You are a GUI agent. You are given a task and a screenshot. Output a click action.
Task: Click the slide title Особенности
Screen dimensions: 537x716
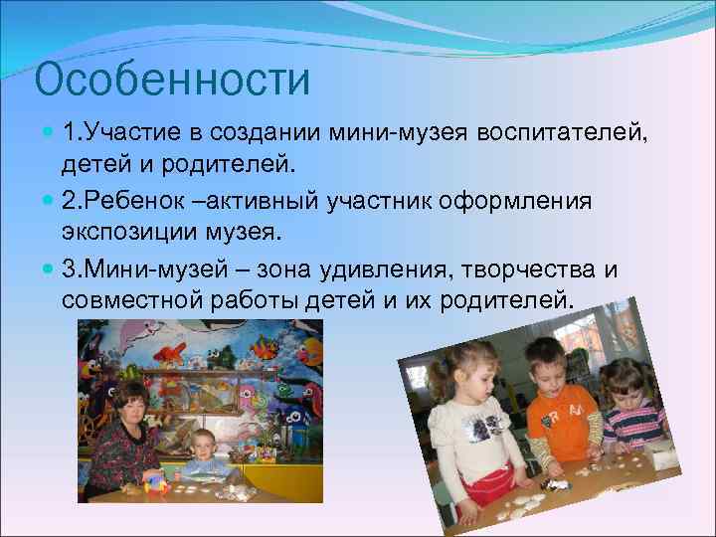[x=172, y=80]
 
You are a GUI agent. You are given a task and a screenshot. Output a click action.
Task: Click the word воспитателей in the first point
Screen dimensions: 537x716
[x=562, y=133]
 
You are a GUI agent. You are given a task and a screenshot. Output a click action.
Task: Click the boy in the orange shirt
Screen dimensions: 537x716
[x=553, y=408]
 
